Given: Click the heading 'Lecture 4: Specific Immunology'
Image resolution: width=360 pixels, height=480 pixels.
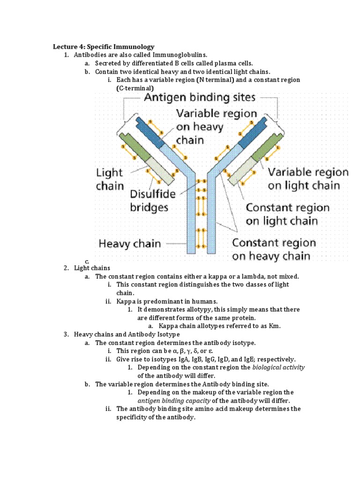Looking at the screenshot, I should tap(104, 47).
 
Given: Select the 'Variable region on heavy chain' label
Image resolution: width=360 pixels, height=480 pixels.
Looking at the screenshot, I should tap(216, 127).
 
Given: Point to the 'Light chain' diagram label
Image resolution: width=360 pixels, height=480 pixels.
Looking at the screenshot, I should tap(109, 179).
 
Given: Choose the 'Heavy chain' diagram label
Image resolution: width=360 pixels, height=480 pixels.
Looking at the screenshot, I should tap(129, 244).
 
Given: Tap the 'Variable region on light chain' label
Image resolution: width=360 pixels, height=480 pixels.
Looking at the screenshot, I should tap(308, 179).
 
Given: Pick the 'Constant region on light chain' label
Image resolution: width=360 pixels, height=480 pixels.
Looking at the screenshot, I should tap(287, 214).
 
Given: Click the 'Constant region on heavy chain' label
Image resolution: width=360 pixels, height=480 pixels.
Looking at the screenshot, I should tap(274, 249).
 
